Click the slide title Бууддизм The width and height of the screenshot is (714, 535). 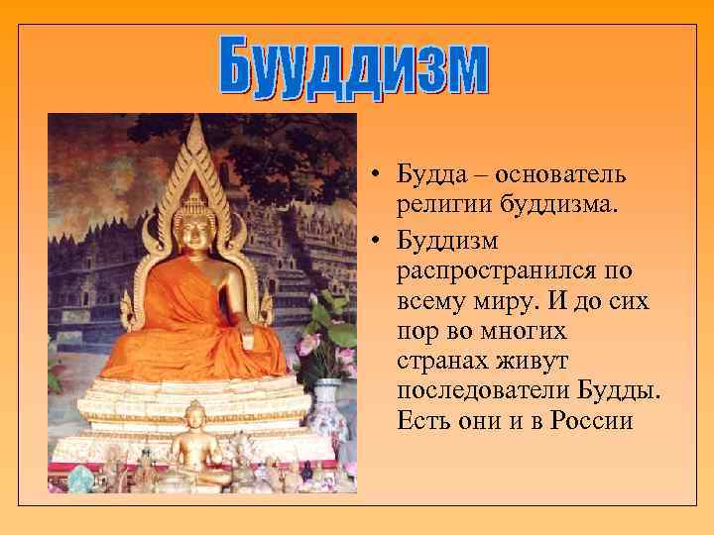click(355, 67)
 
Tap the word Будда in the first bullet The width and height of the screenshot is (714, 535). click(427, 175)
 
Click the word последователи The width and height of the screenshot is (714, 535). click(483, 390)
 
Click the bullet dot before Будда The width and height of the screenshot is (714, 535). click(379, 176)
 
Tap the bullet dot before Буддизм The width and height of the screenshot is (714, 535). click(379, 241)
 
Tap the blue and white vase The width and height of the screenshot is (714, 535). click(328, 406)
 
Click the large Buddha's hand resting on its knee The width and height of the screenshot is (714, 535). click(248, 342)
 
